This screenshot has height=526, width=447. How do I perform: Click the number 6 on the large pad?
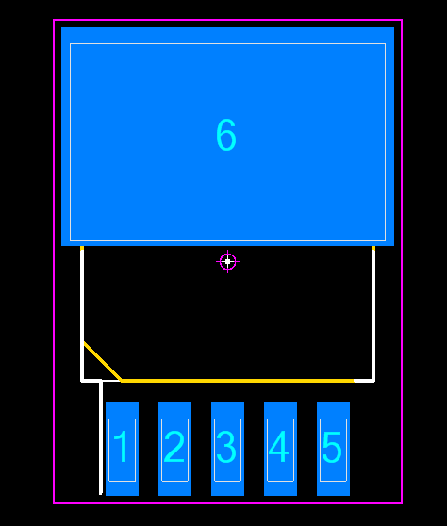click(226, 135)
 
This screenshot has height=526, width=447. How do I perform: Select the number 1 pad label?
click(122, 447)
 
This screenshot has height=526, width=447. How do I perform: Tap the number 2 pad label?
click(174, 447)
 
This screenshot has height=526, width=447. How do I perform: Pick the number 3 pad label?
click(226, 447)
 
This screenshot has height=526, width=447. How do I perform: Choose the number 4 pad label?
click(279, 447)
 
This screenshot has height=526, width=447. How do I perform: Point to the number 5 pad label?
click(332, 447)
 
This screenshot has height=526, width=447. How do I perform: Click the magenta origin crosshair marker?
click(227, 262)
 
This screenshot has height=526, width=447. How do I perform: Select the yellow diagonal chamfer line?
click(103, 361)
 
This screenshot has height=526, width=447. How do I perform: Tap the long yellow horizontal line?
click(238, 381)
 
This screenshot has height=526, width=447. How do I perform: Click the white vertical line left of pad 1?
click(100, 437)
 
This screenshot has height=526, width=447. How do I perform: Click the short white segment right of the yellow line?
click(364, 381)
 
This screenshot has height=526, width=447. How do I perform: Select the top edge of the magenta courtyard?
click(227, 20)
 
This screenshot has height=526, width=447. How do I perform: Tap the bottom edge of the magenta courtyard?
click(227, 503)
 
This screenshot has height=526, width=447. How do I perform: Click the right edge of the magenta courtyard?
click(402, 262)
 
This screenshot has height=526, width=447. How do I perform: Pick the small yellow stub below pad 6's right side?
click(373, 248)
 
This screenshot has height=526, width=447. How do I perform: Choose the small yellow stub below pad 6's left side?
click(82, 248)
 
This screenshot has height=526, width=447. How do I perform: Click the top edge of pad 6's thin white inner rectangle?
click(227, 43)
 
